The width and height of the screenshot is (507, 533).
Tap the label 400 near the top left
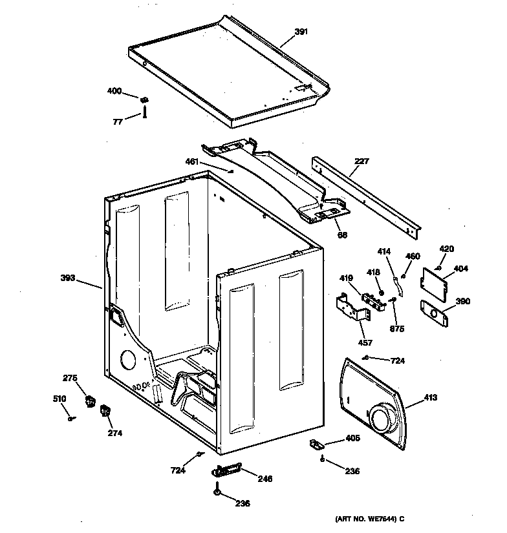click(114, 91)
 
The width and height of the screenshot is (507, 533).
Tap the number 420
click(447, 249)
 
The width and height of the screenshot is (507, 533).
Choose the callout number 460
click(413, 256)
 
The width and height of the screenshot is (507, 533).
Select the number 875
click(397, 329)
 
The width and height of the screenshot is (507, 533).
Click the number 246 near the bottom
click(264, 479)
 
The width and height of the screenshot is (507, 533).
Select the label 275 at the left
click(70, 378)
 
